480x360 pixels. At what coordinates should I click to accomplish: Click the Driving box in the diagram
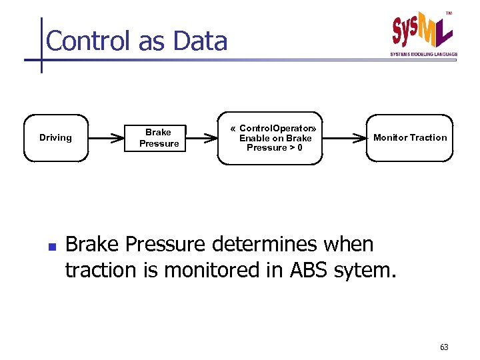(x=56, y=138)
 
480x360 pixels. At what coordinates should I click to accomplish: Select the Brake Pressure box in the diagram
(x=159, y=138)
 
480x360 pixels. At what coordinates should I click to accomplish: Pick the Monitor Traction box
(x=409, y=138)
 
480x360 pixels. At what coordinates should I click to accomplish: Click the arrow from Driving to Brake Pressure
(x=107, y=139)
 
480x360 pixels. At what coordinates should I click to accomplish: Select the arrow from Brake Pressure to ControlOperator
(x=203, y=139)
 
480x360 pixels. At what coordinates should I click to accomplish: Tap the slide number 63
(x=444, y=347)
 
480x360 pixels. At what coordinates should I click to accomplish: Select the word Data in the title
(x=199, y=41)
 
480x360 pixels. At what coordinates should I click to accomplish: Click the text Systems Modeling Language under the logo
(x=423, y=54)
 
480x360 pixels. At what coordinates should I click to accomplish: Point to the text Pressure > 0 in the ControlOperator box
(x=274, y=148)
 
